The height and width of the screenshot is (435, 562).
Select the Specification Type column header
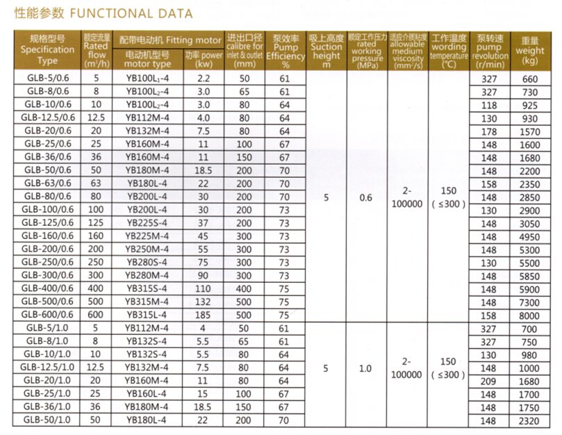[x=47, y=49]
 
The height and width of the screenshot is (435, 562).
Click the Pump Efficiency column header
[x=285, y=49]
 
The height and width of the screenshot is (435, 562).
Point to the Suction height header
[x=327, y=49]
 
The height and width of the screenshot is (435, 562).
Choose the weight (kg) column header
[x=530, y=49]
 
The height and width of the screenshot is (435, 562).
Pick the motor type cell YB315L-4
[x=147, y=313]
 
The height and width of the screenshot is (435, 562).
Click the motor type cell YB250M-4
[x=147, y=249]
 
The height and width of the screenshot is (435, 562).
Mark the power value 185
[x=204, y=313]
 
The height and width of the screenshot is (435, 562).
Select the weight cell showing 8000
[x=530, y=313]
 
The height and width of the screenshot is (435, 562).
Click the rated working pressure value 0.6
[x=365, y=197]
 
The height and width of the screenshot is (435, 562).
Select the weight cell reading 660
[x=530, y=79]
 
